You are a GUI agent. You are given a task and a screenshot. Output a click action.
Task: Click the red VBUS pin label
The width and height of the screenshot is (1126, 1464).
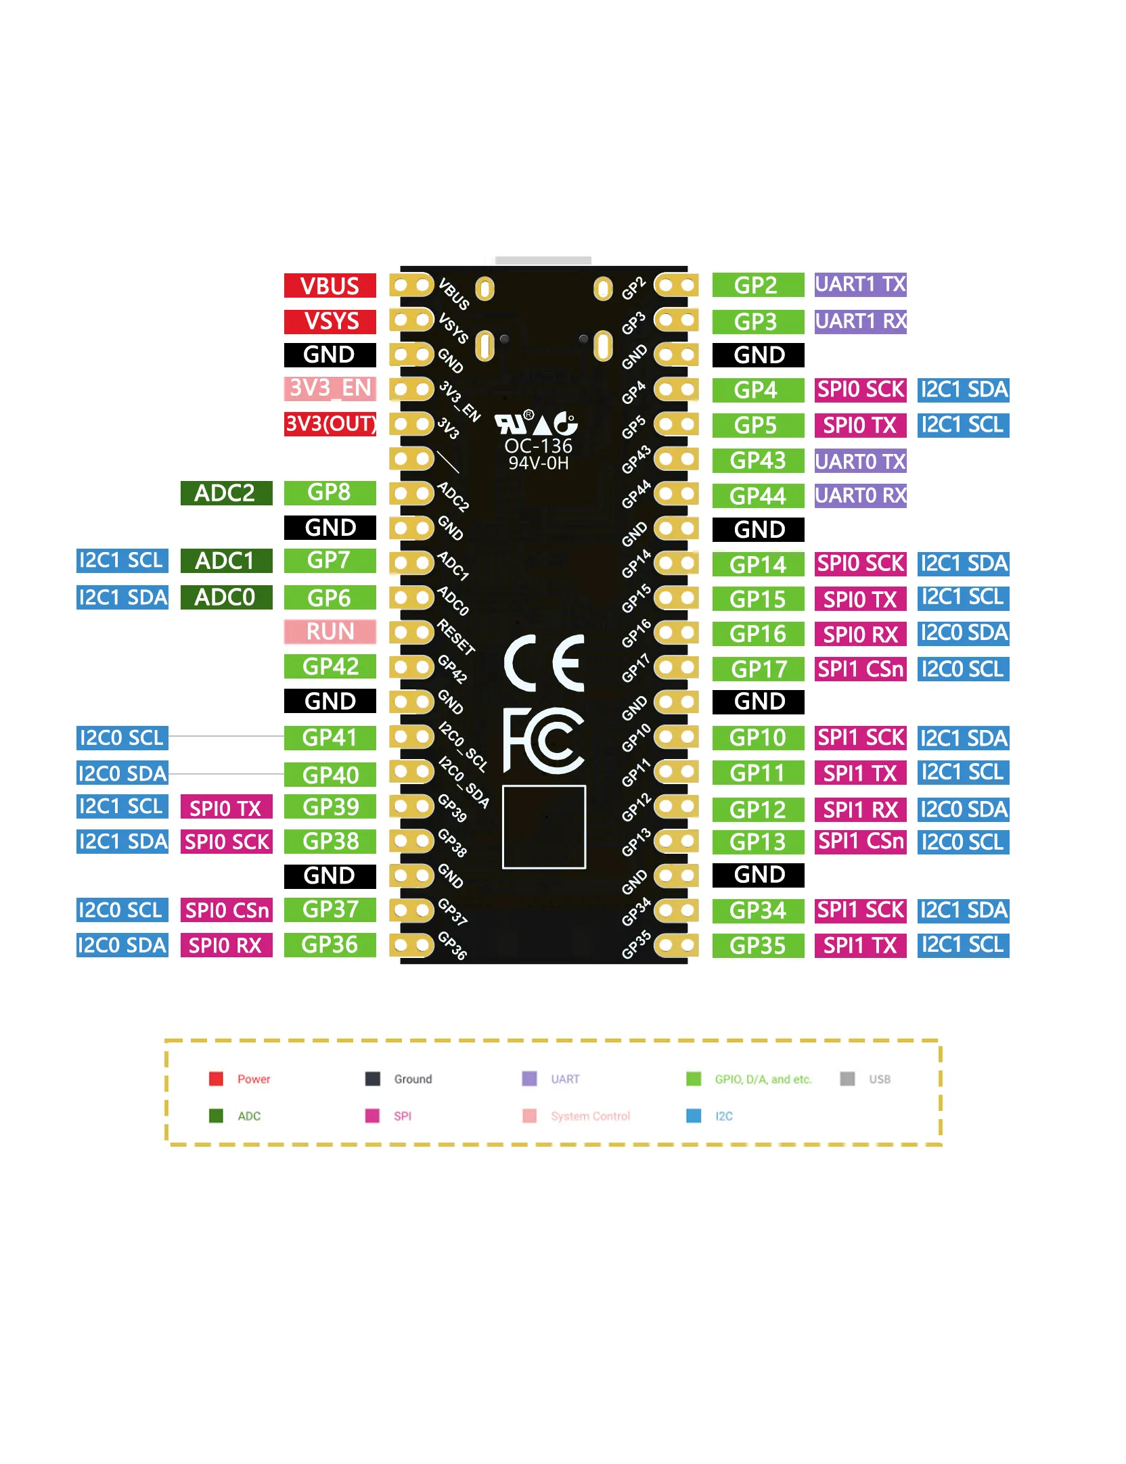pyautogui.click(x=330, y=285)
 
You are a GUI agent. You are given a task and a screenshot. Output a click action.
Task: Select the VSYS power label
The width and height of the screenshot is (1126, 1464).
pyautogui.click(x=330, y=321)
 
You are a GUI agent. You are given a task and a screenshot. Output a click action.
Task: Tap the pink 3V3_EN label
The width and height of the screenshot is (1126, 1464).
pyautogui.click(x=330, y=388)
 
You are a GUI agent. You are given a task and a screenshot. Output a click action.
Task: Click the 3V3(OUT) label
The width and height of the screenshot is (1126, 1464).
pyautogui.click(x=330, y=424)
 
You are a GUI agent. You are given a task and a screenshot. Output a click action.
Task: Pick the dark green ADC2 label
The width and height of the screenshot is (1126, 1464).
pyautogui.click(x=226, y=493)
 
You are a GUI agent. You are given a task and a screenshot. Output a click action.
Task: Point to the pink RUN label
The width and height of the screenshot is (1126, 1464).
pyautogui.click(x=330, y=631)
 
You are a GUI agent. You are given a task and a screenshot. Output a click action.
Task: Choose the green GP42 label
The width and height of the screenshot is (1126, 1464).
pyautogui.click(x=330, y=666)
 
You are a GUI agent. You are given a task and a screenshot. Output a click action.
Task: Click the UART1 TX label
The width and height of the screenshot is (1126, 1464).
pyautogui.click(x=860, y=284)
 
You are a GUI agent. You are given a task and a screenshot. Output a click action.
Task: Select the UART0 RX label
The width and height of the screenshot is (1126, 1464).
pyautogui.click(x=860, y=495)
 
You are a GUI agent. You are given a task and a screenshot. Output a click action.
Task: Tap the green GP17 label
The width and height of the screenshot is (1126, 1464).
pyautogui.click(x=758, y=669)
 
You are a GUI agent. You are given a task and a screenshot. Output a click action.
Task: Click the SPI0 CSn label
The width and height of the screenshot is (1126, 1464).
pyautogui.click(x=226, y=910)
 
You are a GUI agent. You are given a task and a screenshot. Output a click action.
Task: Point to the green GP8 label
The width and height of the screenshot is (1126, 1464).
pyautogui.click(x=330, y=493)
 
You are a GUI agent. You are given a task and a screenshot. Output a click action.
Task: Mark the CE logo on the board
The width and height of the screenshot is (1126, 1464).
pyautogui.click(x=544, y=663)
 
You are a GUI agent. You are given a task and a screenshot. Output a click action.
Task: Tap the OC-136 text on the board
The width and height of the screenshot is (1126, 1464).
pyautogui.click(x=539, y=446)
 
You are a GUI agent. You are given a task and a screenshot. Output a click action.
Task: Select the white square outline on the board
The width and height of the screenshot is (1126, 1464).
pyautogui.click(x=544, y=827)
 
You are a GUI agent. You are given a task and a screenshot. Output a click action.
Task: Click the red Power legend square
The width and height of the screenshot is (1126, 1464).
pyautogui.click(x=216, y=1078)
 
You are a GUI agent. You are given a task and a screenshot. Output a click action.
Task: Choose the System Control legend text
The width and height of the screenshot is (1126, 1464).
pyautogui.click(x=590, y=1116)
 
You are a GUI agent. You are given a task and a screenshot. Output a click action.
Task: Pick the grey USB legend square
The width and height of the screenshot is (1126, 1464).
pyautogui.click(x=847, y=1078)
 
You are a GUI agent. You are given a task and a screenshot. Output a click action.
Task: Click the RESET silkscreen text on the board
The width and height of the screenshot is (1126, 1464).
pyautogui.click(x=456, y=637)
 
